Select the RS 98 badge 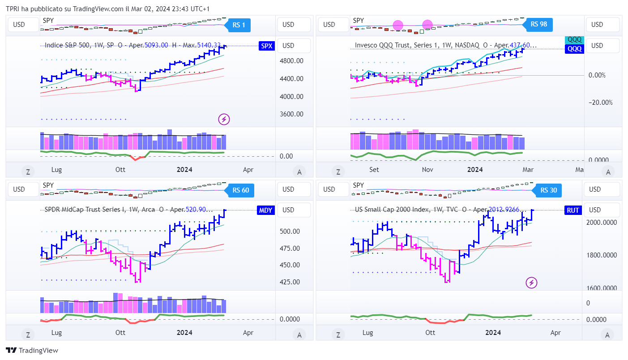tap(539, 24)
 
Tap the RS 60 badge tap(241, 190)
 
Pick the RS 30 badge tap(548, 190)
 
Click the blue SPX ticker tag tap(267, 46)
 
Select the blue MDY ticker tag tap(266, 210)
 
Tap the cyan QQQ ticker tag tap(574, 39)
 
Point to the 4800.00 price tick tap(291, 61)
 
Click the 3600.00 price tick tap(291, 114)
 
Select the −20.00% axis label tap(600, 103)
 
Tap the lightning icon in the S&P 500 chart tap(224, 119)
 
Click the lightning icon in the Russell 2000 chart tap(531, 283)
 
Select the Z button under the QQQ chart tap(338, 171)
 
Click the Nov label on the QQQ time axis tap(427, 170)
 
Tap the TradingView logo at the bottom tap(32, 351)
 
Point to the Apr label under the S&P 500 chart tap(248, 170)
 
